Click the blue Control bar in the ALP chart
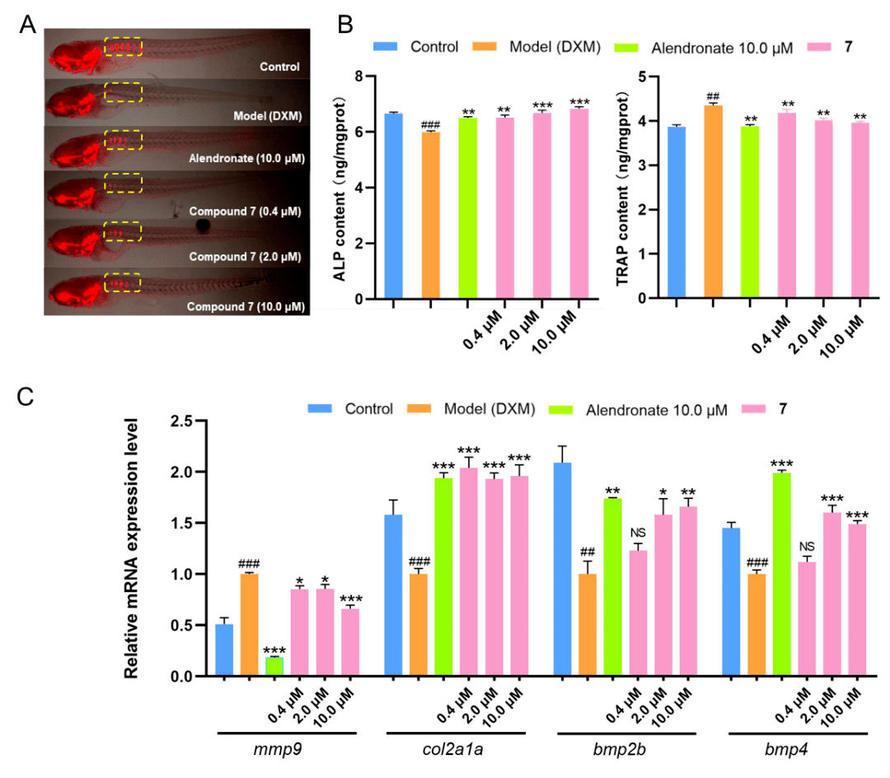point(394,206)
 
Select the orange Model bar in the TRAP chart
point(714,202)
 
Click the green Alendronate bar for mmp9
point(274,666)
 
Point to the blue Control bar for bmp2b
point(564,569)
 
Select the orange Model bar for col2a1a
point(419,625)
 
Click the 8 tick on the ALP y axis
point(358,77)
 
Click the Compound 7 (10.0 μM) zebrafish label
point(246,306)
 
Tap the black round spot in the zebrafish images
point(204,226)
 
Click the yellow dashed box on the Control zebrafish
point(123,47)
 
